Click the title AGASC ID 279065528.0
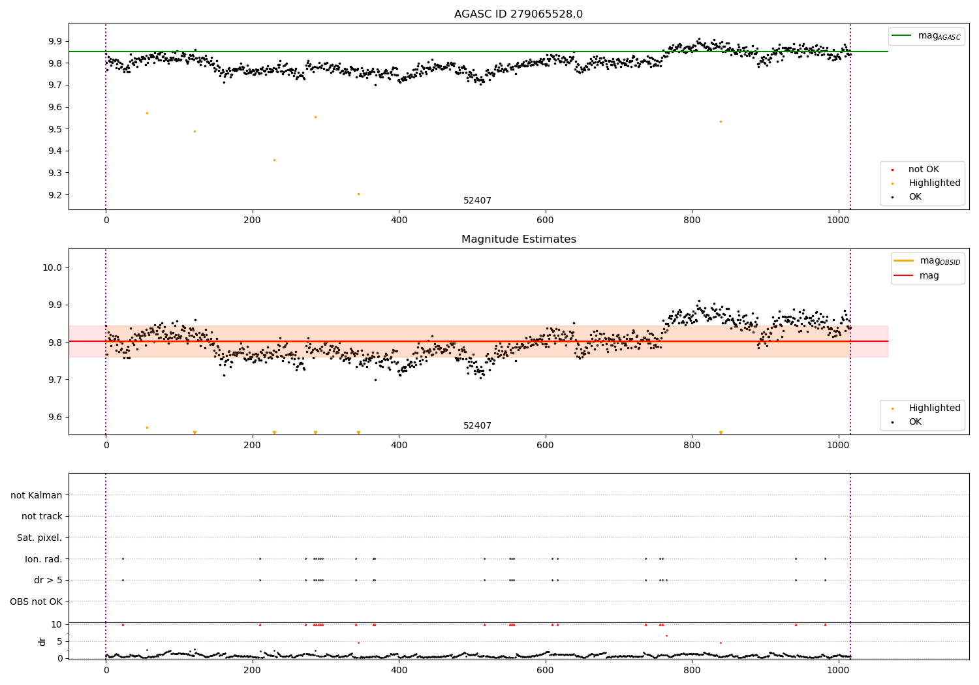518,14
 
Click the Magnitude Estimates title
518,239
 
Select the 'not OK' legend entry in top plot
924,170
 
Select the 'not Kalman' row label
37,495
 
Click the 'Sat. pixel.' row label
39,538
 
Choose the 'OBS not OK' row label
36,601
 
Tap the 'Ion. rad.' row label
43,559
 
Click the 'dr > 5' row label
48,580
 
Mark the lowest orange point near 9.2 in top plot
358,194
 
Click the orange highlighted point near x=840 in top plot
721,121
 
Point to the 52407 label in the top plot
477,201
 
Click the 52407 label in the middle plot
477,426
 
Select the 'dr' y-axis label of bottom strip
42,641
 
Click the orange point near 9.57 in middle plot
147,427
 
